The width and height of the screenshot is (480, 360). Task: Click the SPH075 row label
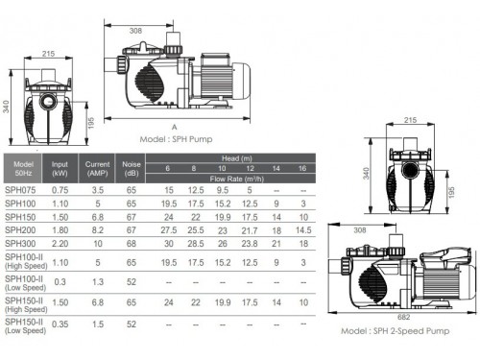(20, 190)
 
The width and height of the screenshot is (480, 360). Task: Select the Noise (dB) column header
(132, 169)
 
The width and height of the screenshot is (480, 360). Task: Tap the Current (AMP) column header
(97, 169)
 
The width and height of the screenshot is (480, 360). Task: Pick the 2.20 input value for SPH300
(60, 244)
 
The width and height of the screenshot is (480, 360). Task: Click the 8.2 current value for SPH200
(98, 230)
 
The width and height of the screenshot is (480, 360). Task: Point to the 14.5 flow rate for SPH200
(303, 230)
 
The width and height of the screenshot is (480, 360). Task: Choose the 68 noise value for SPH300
(132, 244)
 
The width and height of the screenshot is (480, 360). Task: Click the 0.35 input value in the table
(60, 324)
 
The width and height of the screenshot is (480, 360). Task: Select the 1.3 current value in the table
(98, 282)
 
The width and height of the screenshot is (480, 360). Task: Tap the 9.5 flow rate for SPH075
(223, 190)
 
